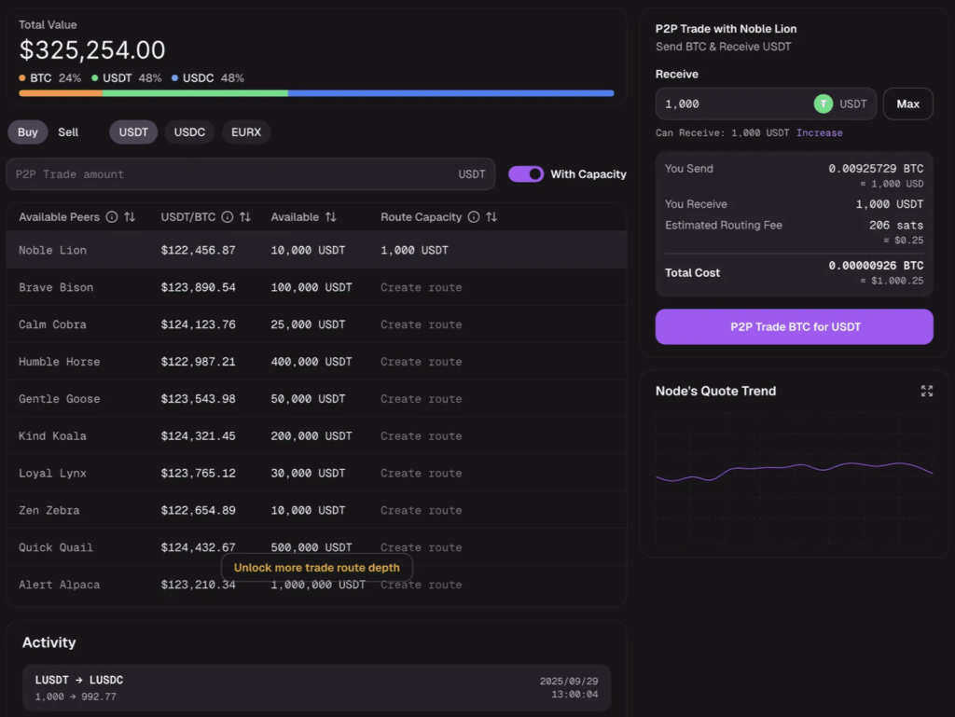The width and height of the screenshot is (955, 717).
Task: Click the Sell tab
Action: (x=68, y=132)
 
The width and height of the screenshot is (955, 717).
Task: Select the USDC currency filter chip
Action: (x=189, y=132)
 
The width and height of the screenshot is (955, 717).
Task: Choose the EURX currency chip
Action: (x=246, y=132)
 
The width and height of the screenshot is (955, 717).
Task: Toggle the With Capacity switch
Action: (x=526, y=174)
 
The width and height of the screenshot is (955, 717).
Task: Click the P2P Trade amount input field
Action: (x=233, y=174)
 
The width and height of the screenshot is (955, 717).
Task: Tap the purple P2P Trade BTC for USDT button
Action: (x=794, y=327)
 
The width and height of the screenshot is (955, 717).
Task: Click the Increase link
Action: (x=819, y=133)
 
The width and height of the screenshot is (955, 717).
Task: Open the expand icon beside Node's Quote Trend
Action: (x=926, y=391)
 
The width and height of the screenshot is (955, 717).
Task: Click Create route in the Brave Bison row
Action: (x=421, y=287)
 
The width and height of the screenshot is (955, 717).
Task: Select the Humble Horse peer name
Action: (x=59, y=362)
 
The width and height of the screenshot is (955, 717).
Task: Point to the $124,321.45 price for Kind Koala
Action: (x=198, y=436)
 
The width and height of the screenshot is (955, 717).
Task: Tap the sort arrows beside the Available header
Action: (x=330, y=217)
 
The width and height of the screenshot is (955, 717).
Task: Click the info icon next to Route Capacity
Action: (x=474, y=217)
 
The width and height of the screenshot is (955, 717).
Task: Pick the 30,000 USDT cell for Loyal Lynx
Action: (x=308, y=474)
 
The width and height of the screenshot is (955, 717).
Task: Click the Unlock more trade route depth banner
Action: (x=316, y=568)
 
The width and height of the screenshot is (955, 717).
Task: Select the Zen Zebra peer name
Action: (x=49, y=511)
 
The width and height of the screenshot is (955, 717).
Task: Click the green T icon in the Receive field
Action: (x=823, y=104)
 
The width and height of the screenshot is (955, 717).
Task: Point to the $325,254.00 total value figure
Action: (x=92, y=50)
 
